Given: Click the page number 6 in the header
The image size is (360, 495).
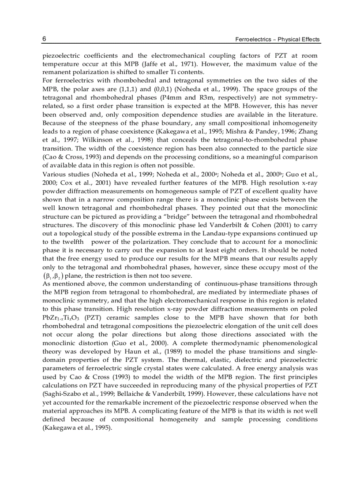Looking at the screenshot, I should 44,39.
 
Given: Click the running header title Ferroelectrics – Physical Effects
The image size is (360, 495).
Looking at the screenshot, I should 278,40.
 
